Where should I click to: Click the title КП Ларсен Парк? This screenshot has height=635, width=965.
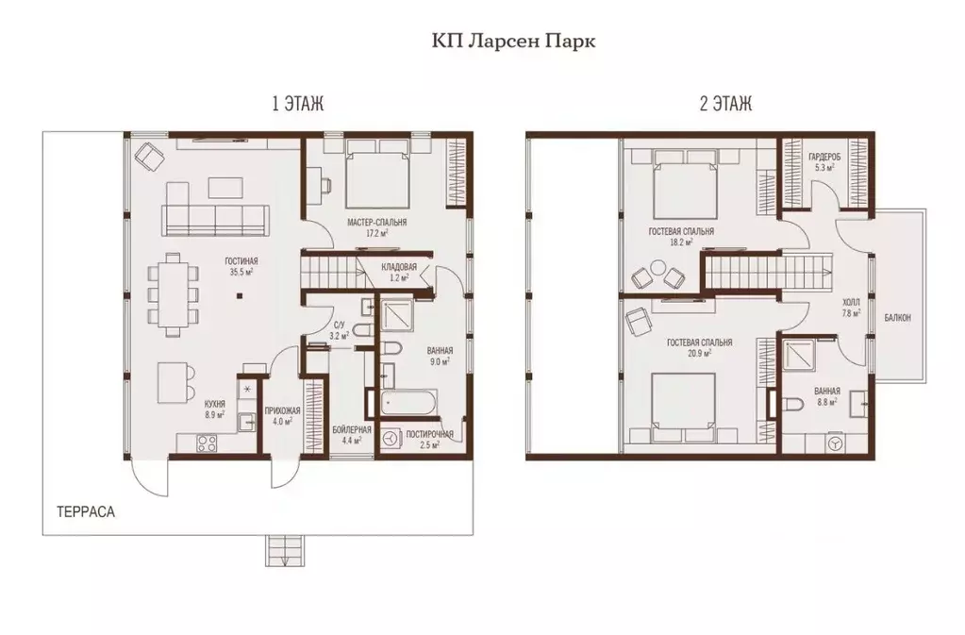[x=513, y=42]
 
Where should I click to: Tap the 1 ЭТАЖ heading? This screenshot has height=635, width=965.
[x=298, y=104]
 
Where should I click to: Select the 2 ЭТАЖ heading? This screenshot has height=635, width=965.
[x=725, y=104]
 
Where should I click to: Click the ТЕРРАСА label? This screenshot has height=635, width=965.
[x=86, y=512]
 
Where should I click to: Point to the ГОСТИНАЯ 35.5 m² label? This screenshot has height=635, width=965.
[x=241, y=266]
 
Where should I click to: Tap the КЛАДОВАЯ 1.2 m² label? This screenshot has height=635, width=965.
[x=399, y=272]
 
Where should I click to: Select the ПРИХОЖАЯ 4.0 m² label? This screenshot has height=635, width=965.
[x=282, y=416]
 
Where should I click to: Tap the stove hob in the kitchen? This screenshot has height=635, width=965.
[x=206, y=443]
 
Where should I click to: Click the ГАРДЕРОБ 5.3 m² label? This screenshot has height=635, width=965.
[x=824, y=162]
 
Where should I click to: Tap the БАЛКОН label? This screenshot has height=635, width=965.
[x=897, y=318]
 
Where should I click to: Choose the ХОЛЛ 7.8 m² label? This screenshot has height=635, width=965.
[x=851, y=308]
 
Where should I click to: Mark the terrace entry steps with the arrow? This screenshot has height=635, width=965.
[x=284, y=550]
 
